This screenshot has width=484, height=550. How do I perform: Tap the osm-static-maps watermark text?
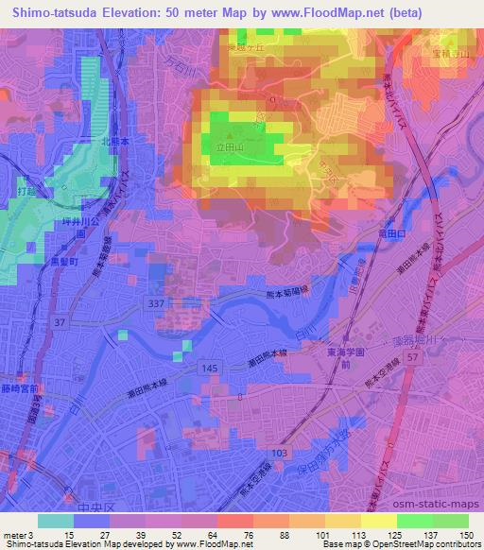444,512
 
